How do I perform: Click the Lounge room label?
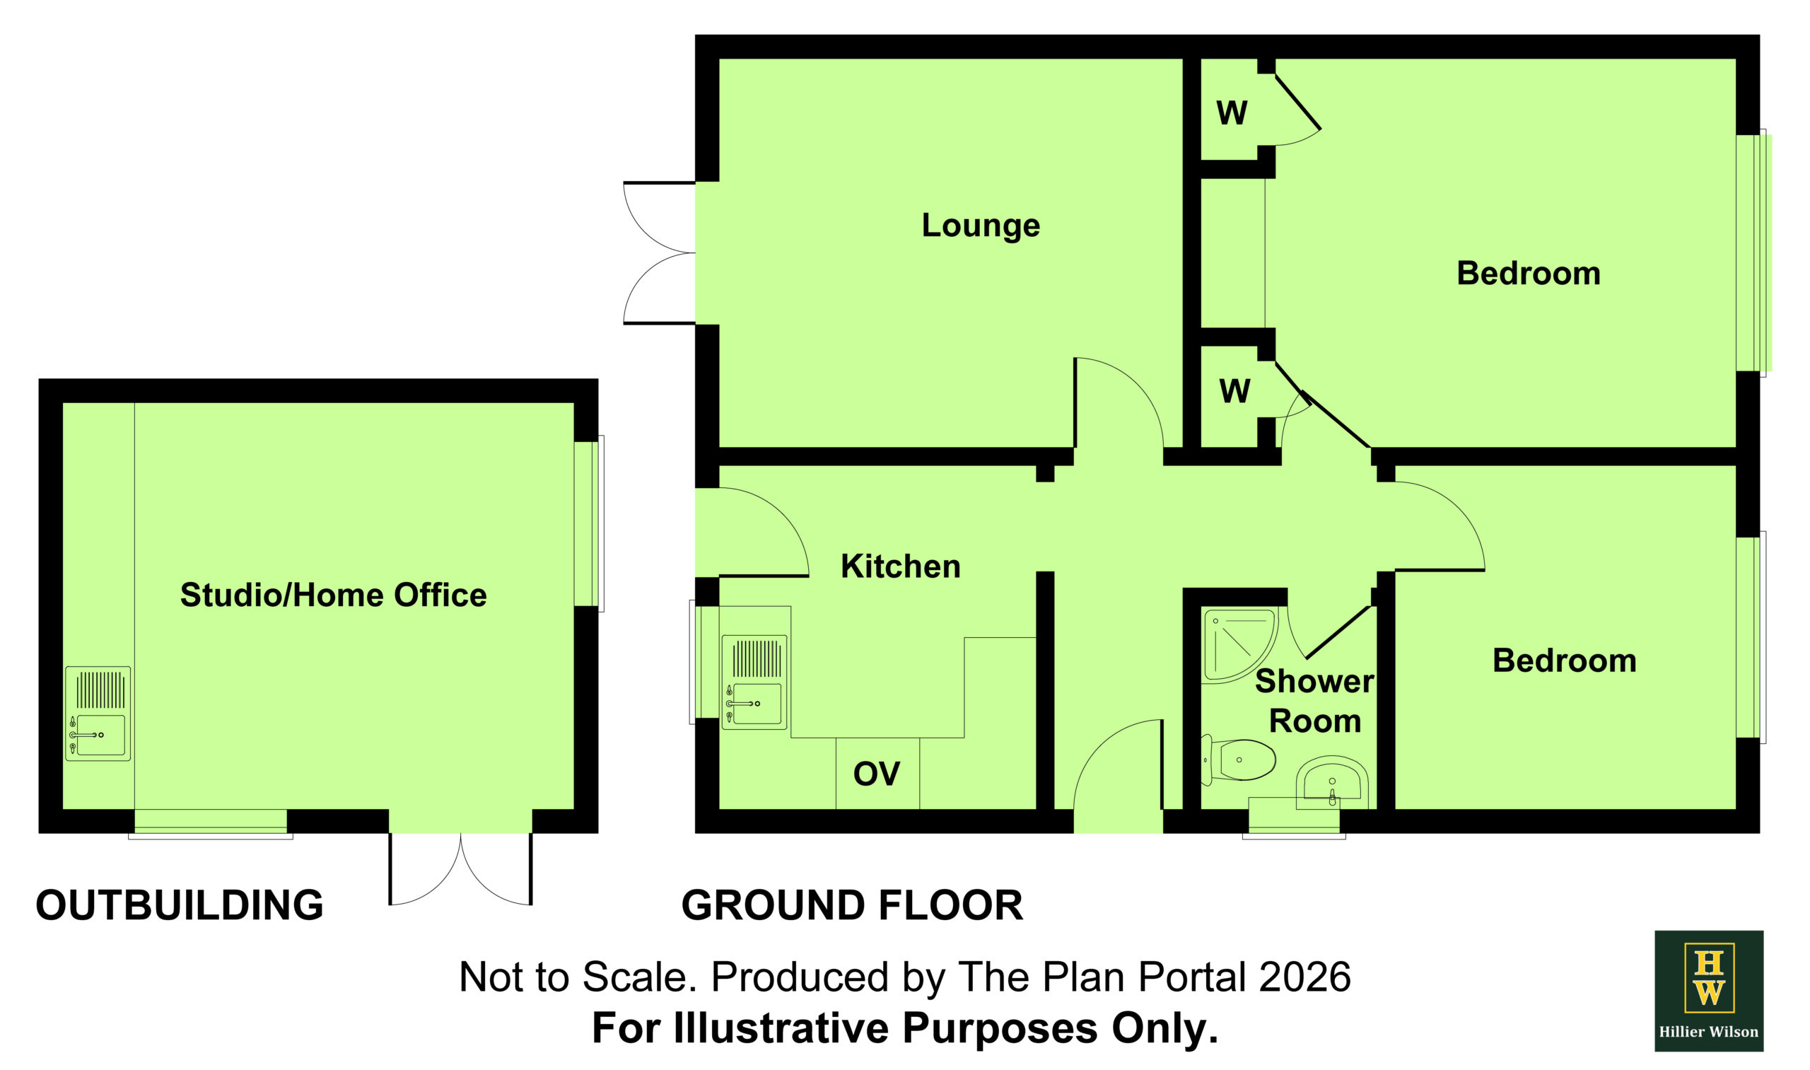(981, 226)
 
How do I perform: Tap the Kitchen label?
(900, 566)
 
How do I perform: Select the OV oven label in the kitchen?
(877, 774)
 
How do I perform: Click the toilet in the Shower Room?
(1238, 760)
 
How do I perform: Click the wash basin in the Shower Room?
(1332, 783)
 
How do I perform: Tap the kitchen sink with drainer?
(754, 682)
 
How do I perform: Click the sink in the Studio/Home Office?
(98, 714)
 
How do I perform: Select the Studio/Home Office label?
(333, 595)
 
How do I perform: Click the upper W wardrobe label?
(1231, 113)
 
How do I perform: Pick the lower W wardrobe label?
(1234, 392)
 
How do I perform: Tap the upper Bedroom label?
(1528, 273)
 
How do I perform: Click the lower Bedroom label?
(1564, 661)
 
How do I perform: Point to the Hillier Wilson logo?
(1708, 991)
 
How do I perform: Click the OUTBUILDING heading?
(180, 905)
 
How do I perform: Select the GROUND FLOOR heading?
(852, 905)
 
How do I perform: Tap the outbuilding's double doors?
(460, 869)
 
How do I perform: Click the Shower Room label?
(1315, 702)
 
